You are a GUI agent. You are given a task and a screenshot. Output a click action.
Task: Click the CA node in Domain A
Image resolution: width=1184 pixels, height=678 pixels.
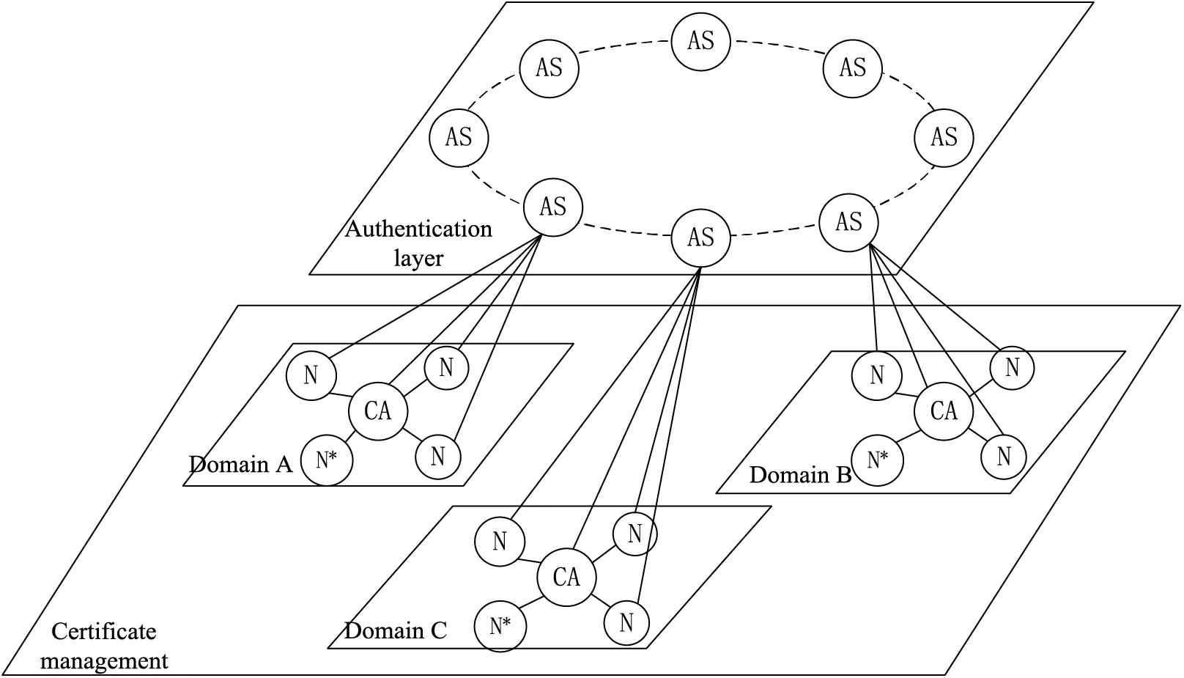click(378, 410)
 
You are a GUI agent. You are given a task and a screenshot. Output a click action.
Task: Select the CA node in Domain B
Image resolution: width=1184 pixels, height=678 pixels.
click(944, 410)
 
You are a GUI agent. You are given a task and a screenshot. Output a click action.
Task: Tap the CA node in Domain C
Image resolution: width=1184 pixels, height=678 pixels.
click(566, 577)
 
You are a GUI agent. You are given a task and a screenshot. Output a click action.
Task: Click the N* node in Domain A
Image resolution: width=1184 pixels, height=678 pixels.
click(326, 460)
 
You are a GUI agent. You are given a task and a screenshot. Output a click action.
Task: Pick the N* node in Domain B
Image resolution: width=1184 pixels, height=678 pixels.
click(877, 460)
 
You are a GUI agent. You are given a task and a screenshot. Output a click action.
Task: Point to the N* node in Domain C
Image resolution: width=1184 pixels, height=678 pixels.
click(500, 626)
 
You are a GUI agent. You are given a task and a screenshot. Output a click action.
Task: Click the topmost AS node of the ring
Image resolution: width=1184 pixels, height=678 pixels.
click(701, 40)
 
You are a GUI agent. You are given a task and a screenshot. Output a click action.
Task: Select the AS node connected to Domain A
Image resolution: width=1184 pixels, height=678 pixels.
click(553, 207)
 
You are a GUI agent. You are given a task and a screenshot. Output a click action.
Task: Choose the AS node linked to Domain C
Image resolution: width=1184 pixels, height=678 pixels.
click(701, 237)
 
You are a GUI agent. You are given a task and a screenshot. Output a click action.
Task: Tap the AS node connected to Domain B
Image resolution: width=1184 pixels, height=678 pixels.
click(848, 221)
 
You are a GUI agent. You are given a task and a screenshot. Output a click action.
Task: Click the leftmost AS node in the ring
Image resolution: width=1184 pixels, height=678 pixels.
click(459, 137)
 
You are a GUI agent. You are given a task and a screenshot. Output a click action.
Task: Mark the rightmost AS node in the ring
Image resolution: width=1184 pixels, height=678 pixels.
click(944, 137)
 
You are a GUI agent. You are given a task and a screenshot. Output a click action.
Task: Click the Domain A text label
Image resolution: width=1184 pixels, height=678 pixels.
click(240, 464)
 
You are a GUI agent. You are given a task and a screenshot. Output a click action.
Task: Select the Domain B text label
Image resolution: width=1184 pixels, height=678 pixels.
click(800, 475)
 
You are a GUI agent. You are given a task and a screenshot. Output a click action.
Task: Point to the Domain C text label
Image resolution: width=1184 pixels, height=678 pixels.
click(395, 630)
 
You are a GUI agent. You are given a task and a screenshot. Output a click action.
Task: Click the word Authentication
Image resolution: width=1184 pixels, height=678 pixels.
click(418, 229)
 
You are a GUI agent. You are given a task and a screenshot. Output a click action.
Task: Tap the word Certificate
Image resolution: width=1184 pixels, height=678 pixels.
click(104, 631)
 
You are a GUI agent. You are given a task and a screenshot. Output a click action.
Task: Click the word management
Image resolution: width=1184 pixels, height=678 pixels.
click(104, 660)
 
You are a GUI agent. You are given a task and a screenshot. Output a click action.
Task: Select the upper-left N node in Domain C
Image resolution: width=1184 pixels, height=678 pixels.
click(500, 542)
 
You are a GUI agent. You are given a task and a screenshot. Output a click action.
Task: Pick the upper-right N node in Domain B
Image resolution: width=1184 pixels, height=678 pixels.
click(1012, 367)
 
